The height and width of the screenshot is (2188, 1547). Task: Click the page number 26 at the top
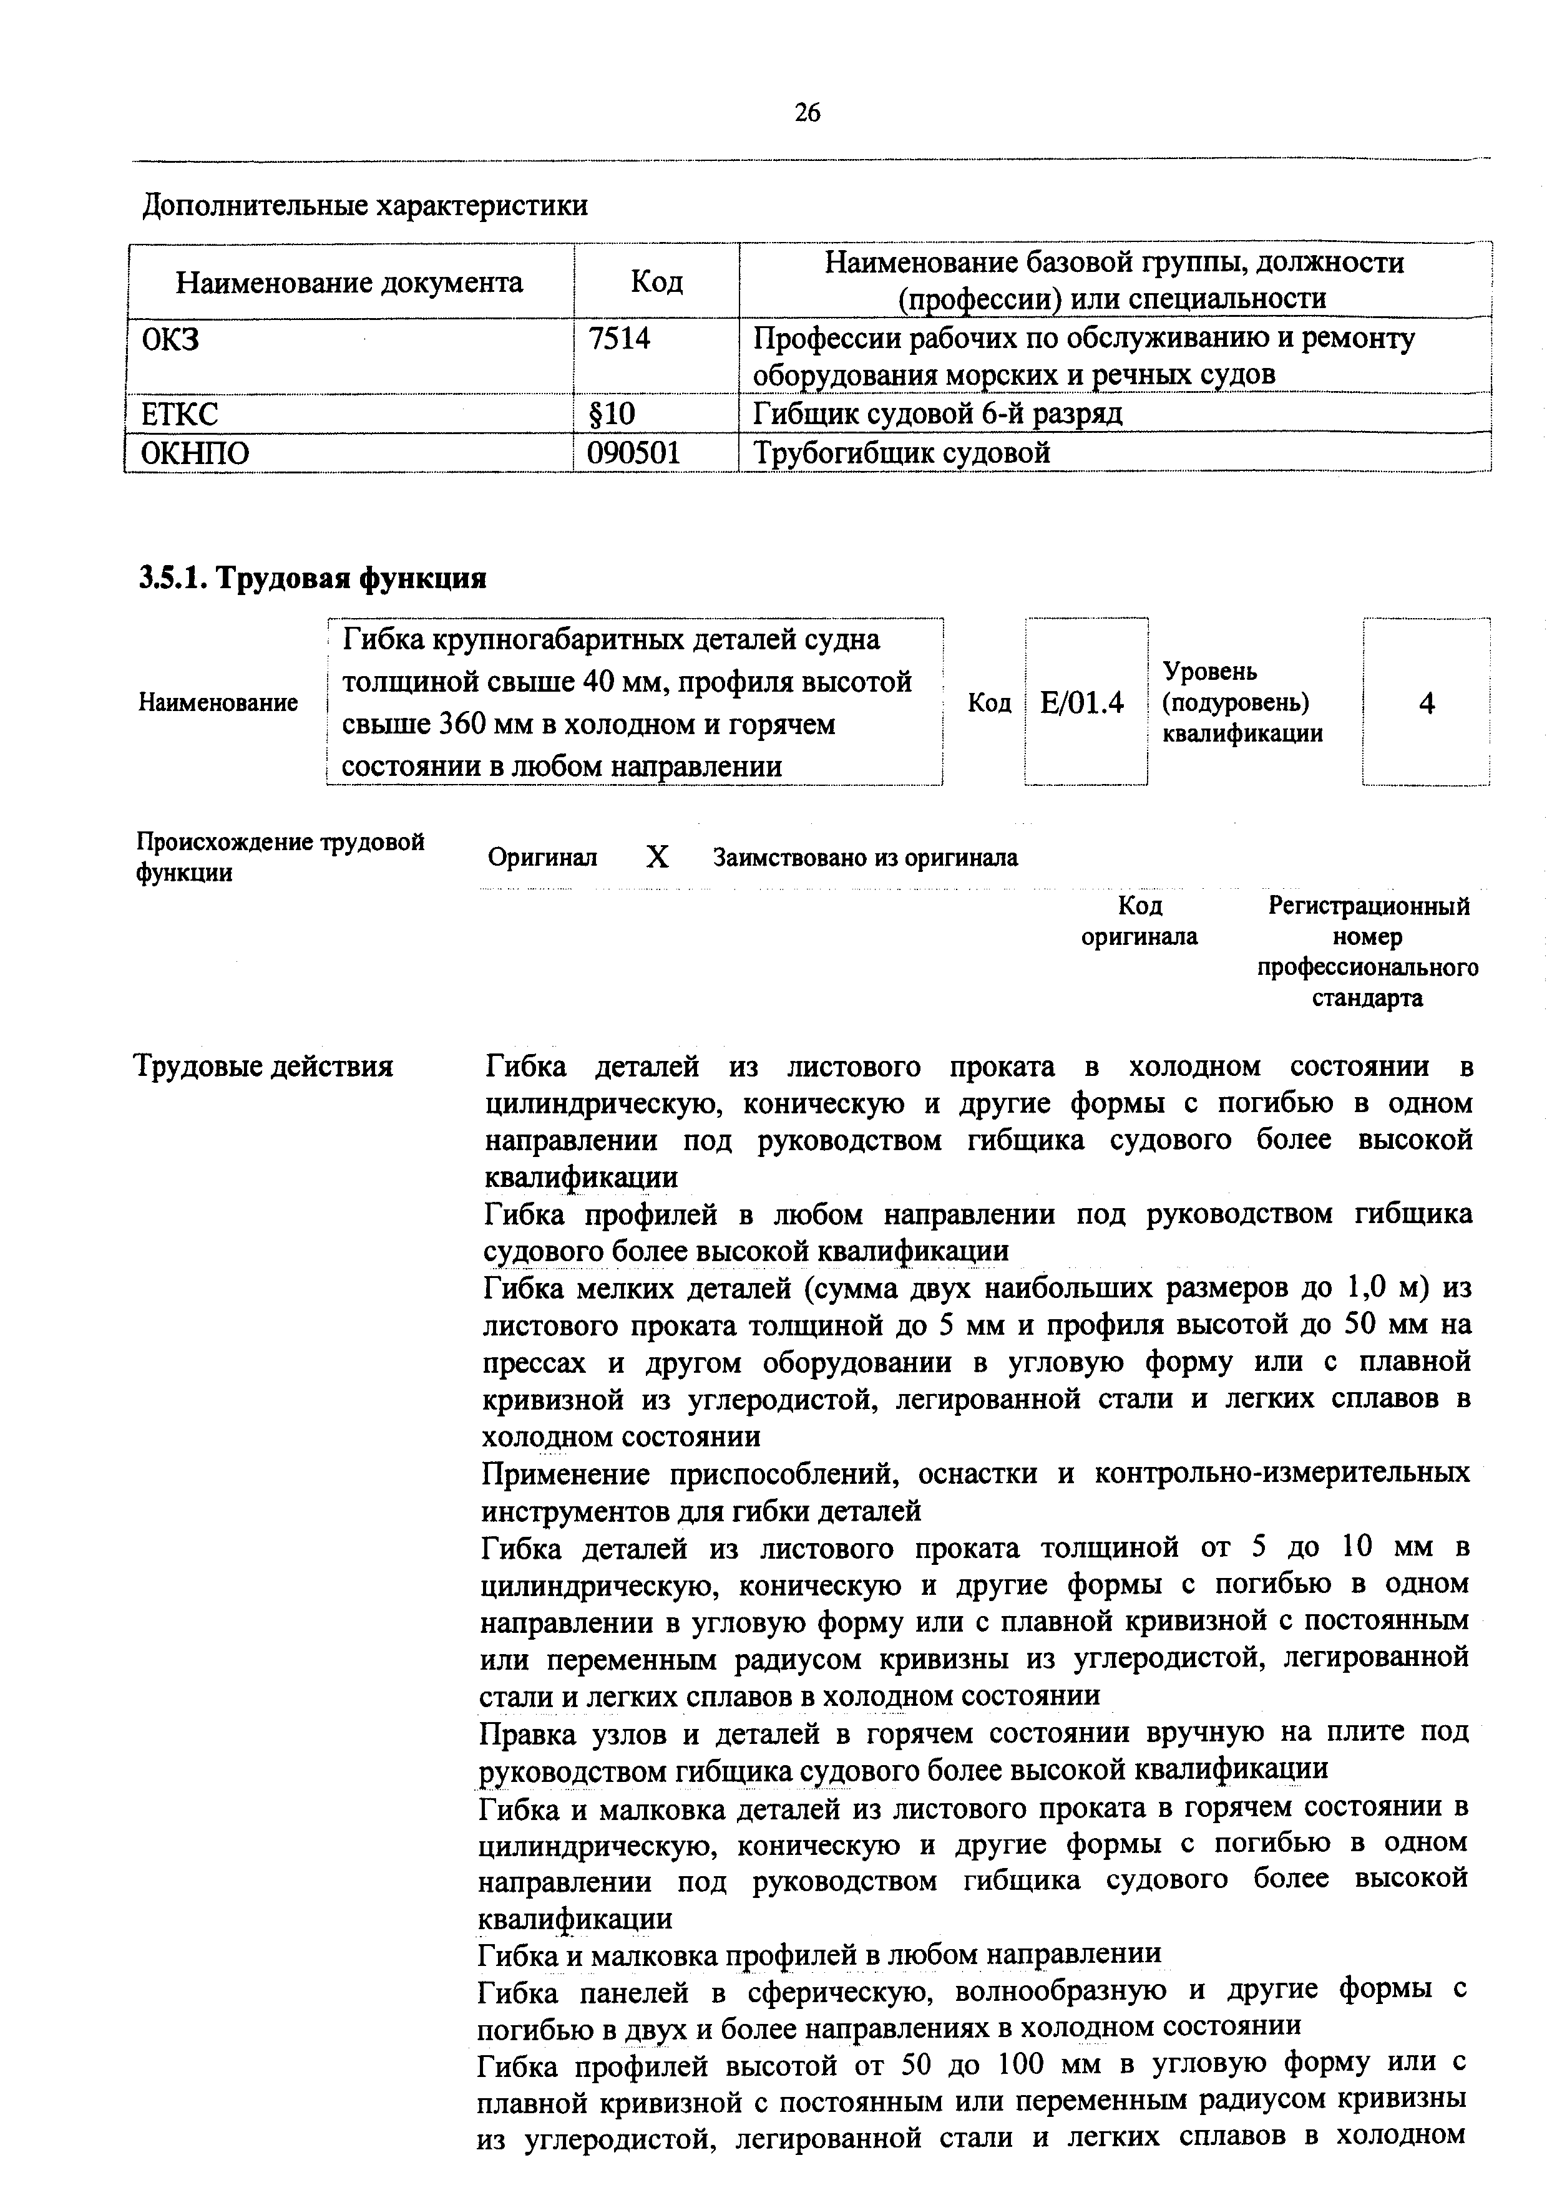coord(806,114)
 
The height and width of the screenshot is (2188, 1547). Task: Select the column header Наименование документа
coord(350,282)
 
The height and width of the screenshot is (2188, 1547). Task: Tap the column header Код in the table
coord(656,282)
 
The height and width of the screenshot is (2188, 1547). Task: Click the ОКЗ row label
coord(170,338)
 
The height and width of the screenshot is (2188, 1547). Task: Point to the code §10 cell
coord(611,414)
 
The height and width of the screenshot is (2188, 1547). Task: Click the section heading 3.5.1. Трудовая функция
coord(313,578)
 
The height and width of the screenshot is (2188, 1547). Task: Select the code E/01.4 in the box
coord(1083,704)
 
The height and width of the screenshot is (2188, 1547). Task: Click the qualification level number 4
coord(1426,704)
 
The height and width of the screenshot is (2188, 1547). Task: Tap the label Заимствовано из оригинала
coord(866,858)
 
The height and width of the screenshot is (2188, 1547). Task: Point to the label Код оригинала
coord(1139,921)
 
